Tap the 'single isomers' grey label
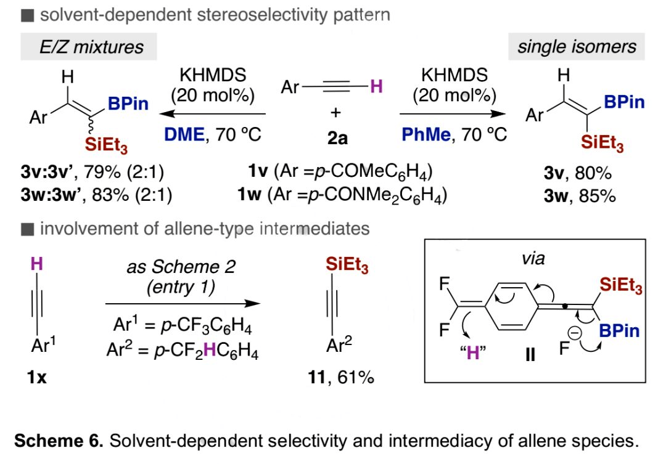click(x=577, y=46)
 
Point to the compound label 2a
click(x=337, y=137)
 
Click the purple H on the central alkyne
click(x=375, y=87)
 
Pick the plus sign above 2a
click(x=337, y=113)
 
